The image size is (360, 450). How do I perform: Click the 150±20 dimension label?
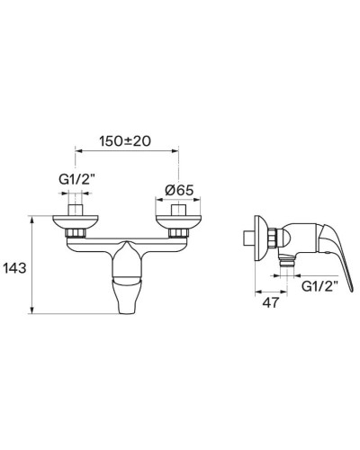click(125, 141)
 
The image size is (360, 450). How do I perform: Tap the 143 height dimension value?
click(14, 268)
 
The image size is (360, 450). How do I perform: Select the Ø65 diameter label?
click(179, 190)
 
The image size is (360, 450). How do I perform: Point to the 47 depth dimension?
click(271, 302)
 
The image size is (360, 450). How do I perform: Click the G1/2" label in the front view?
click(76, 180)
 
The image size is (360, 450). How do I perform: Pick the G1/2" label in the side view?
click(319, 286)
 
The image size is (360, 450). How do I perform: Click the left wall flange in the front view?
click(75, 222)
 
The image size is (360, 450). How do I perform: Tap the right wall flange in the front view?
click(179, 222)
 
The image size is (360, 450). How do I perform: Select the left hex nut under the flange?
click(75, 233)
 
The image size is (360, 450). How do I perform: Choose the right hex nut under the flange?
click(178, 233)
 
